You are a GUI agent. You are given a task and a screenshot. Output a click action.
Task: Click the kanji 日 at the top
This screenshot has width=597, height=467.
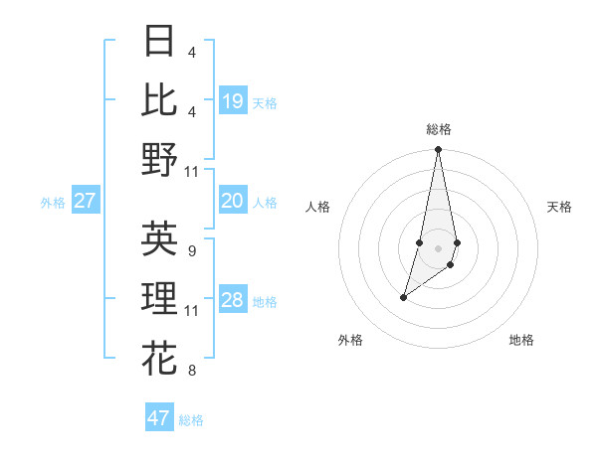(x=159, y=43)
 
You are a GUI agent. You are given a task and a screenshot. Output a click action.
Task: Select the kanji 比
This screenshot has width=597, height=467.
(x=159, y=100)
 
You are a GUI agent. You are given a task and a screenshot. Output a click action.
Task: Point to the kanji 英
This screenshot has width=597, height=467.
(x=159, y=239)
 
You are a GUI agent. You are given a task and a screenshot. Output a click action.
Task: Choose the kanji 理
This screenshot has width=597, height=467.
(x=159, y=298)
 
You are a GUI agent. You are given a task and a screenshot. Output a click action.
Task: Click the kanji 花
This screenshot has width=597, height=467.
(x=159, y=357)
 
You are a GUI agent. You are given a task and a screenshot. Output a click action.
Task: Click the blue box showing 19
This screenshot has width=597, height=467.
(x=232, y=101)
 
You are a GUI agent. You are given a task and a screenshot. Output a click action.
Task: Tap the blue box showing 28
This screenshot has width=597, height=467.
(x=232, y=301)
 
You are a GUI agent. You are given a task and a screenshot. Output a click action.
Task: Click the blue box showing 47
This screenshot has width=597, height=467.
(x=159, y=418)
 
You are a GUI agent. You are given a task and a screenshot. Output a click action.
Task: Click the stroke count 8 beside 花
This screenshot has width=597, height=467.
(x=191, y=372)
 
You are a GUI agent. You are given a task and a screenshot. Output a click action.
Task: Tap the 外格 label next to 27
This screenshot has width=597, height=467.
(x=53, y=203)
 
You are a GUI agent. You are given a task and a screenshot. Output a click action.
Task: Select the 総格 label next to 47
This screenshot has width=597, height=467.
(x=191, y=420)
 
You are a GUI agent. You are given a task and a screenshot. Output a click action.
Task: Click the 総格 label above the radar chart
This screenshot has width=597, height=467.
(x=438, y=129)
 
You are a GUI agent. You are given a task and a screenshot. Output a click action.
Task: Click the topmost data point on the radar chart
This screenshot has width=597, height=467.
(x=438, y=150)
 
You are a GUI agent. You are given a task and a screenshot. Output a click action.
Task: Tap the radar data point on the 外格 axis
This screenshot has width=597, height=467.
(x=403, y=297)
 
